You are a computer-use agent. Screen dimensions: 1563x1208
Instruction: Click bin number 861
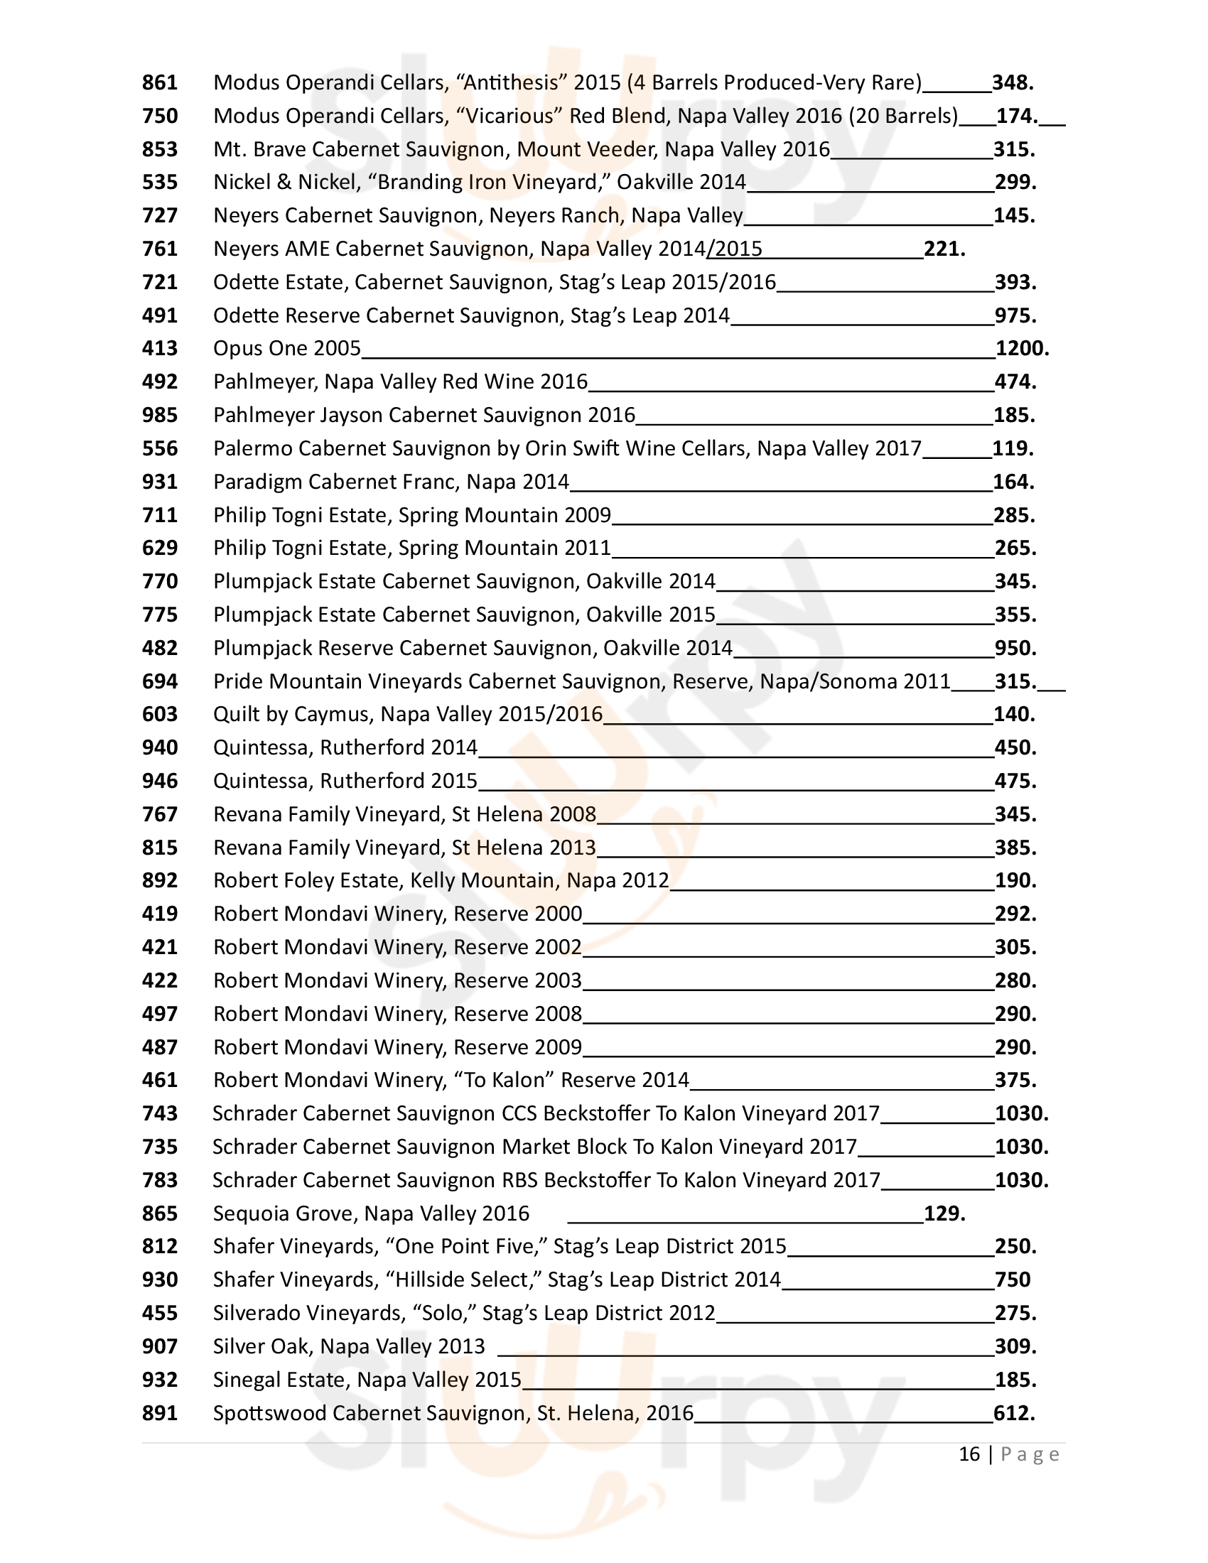(x=160, y=83)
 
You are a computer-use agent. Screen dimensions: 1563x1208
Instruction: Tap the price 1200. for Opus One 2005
(x=1022, y=349)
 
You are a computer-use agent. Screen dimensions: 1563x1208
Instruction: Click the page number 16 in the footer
(x=969, y=1454)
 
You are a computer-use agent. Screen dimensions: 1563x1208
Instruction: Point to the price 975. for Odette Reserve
(x=1015, y=315)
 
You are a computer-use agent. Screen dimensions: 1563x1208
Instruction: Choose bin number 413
(x=160, y=349)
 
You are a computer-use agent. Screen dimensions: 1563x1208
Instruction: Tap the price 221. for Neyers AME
(x=944, y=249)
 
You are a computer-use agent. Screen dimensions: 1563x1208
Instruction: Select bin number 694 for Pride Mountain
(x=160, y=681)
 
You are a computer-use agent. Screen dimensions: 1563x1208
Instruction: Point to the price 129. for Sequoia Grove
(x=944, y=1213)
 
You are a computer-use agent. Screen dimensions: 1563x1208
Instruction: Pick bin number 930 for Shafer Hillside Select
(x=160, y=1280)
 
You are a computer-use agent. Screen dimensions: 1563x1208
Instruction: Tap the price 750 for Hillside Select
(x=1013, y=1280)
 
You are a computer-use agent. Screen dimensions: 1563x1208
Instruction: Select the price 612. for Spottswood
(x=1014, y=1413)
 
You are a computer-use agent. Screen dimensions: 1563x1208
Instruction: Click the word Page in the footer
(x=1030, y=1454)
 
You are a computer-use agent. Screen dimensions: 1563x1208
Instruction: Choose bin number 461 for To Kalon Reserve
(x=160, y=1080)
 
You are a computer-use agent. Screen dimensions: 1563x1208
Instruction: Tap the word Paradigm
(x=258, y=482)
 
